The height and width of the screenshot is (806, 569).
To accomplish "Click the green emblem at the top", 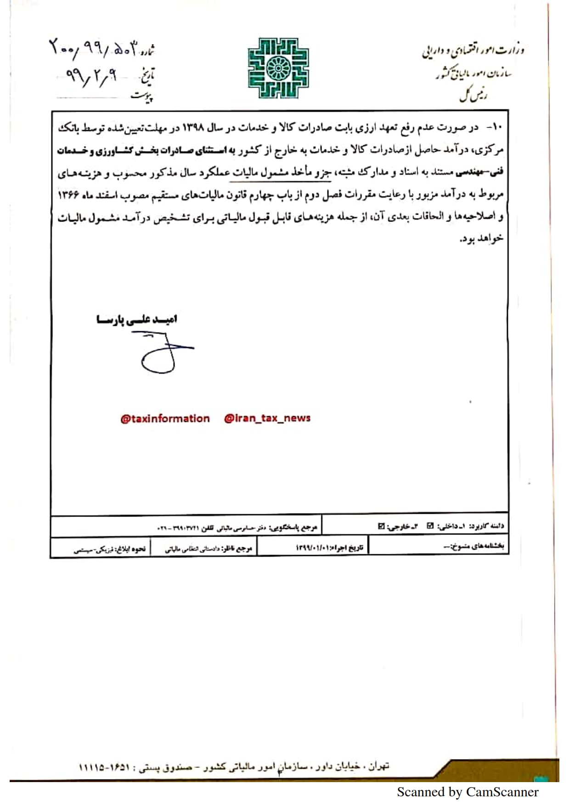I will click(278, 68).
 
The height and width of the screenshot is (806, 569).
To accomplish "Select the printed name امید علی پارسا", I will click(137, 319).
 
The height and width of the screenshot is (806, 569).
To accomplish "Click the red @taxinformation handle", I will click(165, 419).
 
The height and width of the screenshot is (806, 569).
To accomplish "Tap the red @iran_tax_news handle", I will click(267, 418).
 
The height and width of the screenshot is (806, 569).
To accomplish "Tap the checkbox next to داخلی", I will click(430, 526).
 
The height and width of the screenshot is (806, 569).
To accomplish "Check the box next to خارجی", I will click(381, 526).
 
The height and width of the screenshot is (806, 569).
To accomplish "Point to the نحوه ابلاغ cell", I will click(110, 549).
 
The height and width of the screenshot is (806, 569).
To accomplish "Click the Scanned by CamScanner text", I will click(467, 792).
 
